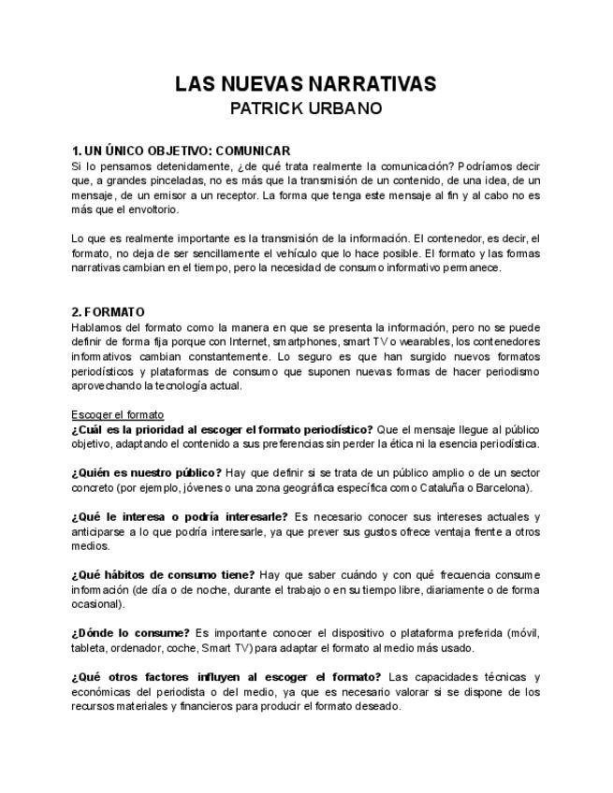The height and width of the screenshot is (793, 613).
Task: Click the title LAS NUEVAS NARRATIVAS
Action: pyautogui.click(x=305, y=84)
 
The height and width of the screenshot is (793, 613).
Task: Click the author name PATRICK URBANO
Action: pyautogui.click(x=305, y=108)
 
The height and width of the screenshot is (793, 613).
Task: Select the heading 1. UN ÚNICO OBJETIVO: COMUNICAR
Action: pyautogui.click(x=181, y=151)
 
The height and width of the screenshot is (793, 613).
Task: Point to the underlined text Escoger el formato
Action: pyautogui.click(x=117, y=414)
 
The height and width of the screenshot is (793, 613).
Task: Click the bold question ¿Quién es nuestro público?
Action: pyautogui.click(x=146, y=473)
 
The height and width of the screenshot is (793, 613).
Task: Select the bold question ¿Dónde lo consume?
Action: pyautogui.click(x=130, y=633)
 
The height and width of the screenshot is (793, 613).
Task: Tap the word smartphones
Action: pyautogui.click(x=304, y=342)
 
